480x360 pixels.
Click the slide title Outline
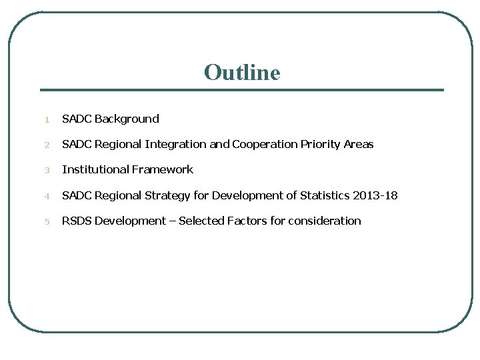pos(242,72)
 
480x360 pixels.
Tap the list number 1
pos(47,120)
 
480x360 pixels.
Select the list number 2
pos(47,145)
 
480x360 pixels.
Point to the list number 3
pos(47,171)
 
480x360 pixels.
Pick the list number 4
pos(47,197)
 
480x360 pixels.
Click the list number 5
pos(47,222)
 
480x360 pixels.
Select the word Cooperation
pos(264,145)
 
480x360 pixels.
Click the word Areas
pos(359,145)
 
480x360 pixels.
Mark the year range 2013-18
pos(375,196)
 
